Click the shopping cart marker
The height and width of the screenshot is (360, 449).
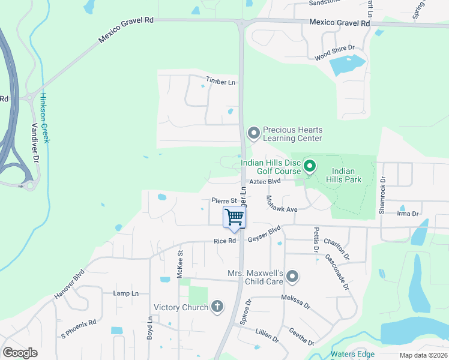point(235,218)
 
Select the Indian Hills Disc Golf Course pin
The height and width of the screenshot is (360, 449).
point(310,165)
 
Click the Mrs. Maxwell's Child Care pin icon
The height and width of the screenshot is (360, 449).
point(292,276)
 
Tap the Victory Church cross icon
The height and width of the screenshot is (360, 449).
point(217,307)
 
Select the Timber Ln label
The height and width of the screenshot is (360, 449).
point(220,82)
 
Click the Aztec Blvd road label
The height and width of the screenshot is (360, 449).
point(265,181)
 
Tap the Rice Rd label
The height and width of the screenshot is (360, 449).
point(224,241)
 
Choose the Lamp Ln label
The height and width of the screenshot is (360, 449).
point(125,293)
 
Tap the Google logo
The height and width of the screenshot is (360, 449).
point(20,353)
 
